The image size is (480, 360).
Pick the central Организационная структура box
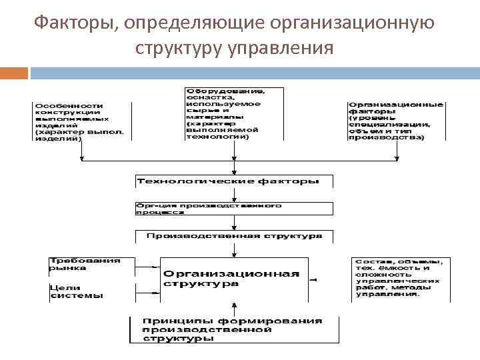[233, 279]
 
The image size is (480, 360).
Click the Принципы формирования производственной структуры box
[233, 329]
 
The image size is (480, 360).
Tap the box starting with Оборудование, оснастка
[233, 113]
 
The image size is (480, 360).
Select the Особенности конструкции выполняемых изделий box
[81, 121]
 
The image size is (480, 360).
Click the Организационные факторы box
[397, 121]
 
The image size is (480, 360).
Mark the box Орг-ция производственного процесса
[233, 208]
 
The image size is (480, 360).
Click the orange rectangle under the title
[14, 72]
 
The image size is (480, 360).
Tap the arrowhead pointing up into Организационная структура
[234, 305]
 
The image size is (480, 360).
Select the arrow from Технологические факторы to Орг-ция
[234, 195]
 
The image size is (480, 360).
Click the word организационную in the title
[352, 24]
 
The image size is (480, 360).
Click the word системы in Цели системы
[77, 295]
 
